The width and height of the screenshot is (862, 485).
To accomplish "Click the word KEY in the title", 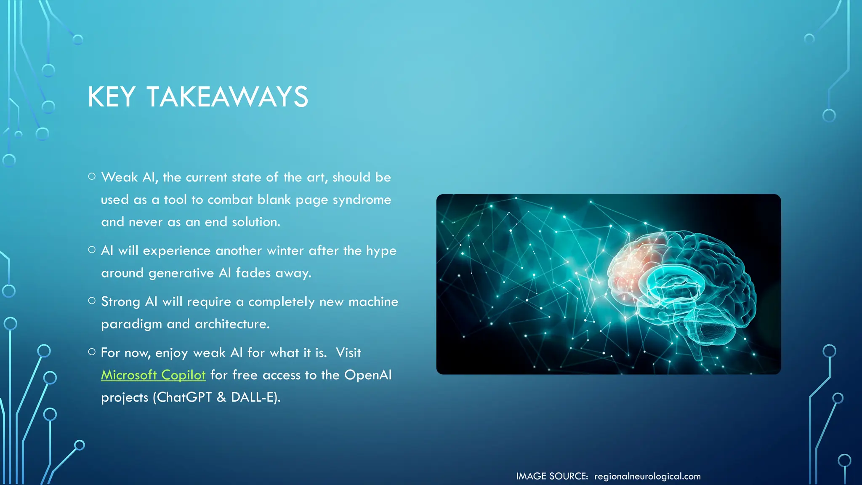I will [x=111, y=97].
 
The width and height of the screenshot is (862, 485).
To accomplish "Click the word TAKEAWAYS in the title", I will [x=227, y=97].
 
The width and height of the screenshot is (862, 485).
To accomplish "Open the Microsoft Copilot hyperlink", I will [x=153, y=375].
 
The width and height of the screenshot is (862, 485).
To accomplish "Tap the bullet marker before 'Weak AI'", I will [x=92, y=176].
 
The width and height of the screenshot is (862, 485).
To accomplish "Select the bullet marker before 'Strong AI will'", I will [x=92, y=301].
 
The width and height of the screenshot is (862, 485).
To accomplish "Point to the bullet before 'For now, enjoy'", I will [x=92, y=352].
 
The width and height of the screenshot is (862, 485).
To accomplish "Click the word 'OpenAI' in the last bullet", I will [x=368, y=375].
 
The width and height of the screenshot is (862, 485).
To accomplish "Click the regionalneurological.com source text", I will [x=647, y=476].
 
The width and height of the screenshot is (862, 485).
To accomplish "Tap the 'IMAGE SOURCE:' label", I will [x=552, y=476].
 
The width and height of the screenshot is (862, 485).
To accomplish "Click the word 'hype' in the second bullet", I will [x=381, y=251].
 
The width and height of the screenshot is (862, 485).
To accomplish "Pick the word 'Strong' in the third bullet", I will [x=120, y=302].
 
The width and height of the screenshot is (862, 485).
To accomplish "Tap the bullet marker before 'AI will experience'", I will [x=92, y=250].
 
